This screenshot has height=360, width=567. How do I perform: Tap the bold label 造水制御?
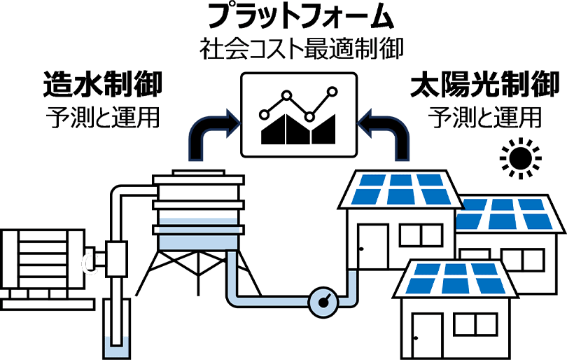click(x=101, y=85)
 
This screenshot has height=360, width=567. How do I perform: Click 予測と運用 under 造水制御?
click(x=102, y=116)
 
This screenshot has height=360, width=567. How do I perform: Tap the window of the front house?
click(x=480, y=325)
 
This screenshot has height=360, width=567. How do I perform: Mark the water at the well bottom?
click(x=114, y=347)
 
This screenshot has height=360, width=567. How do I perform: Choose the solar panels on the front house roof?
click(x=455, y=278)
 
